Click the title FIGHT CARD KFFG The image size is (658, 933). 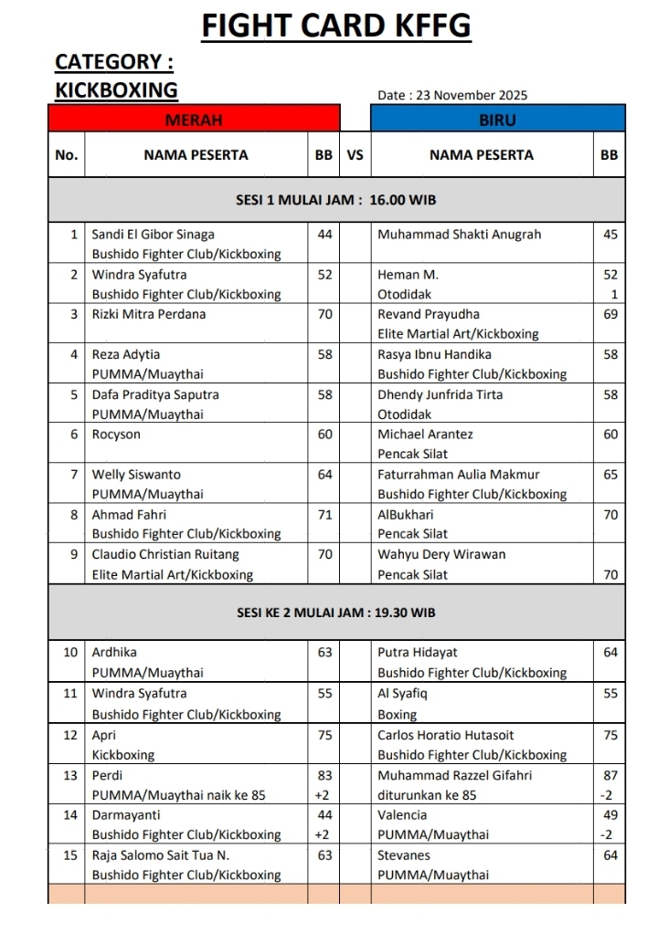tap(335, 26)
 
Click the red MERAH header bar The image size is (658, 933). tap(194, 120)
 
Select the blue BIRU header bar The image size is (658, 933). tap(497, 120)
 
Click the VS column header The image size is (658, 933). tap(355, 155)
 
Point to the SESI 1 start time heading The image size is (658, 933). tap(336, 200)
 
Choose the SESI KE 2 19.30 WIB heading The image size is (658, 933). tap(336, 613)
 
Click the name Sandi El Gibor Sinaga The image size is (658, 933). tap(153, 235)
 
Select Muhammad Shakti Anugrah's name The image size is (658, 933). tap(459, 235)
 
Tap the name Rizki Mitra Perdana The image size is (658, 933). tap(149, 314)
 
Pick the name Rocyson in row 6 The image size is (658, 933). tap(116, 435)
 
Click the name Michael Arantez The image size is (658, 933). tap(425, 435)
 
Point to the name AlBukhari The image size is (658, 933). tap(402, 515)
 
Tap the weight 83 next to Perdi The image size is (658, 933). tap(324, 775)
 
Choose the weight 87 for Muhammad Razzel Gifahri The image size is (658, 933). tap(610, 775)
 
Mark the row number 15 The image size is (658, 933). tap(70, 855)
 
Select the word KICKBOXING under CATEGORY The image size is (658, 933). tap(116, 89)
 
